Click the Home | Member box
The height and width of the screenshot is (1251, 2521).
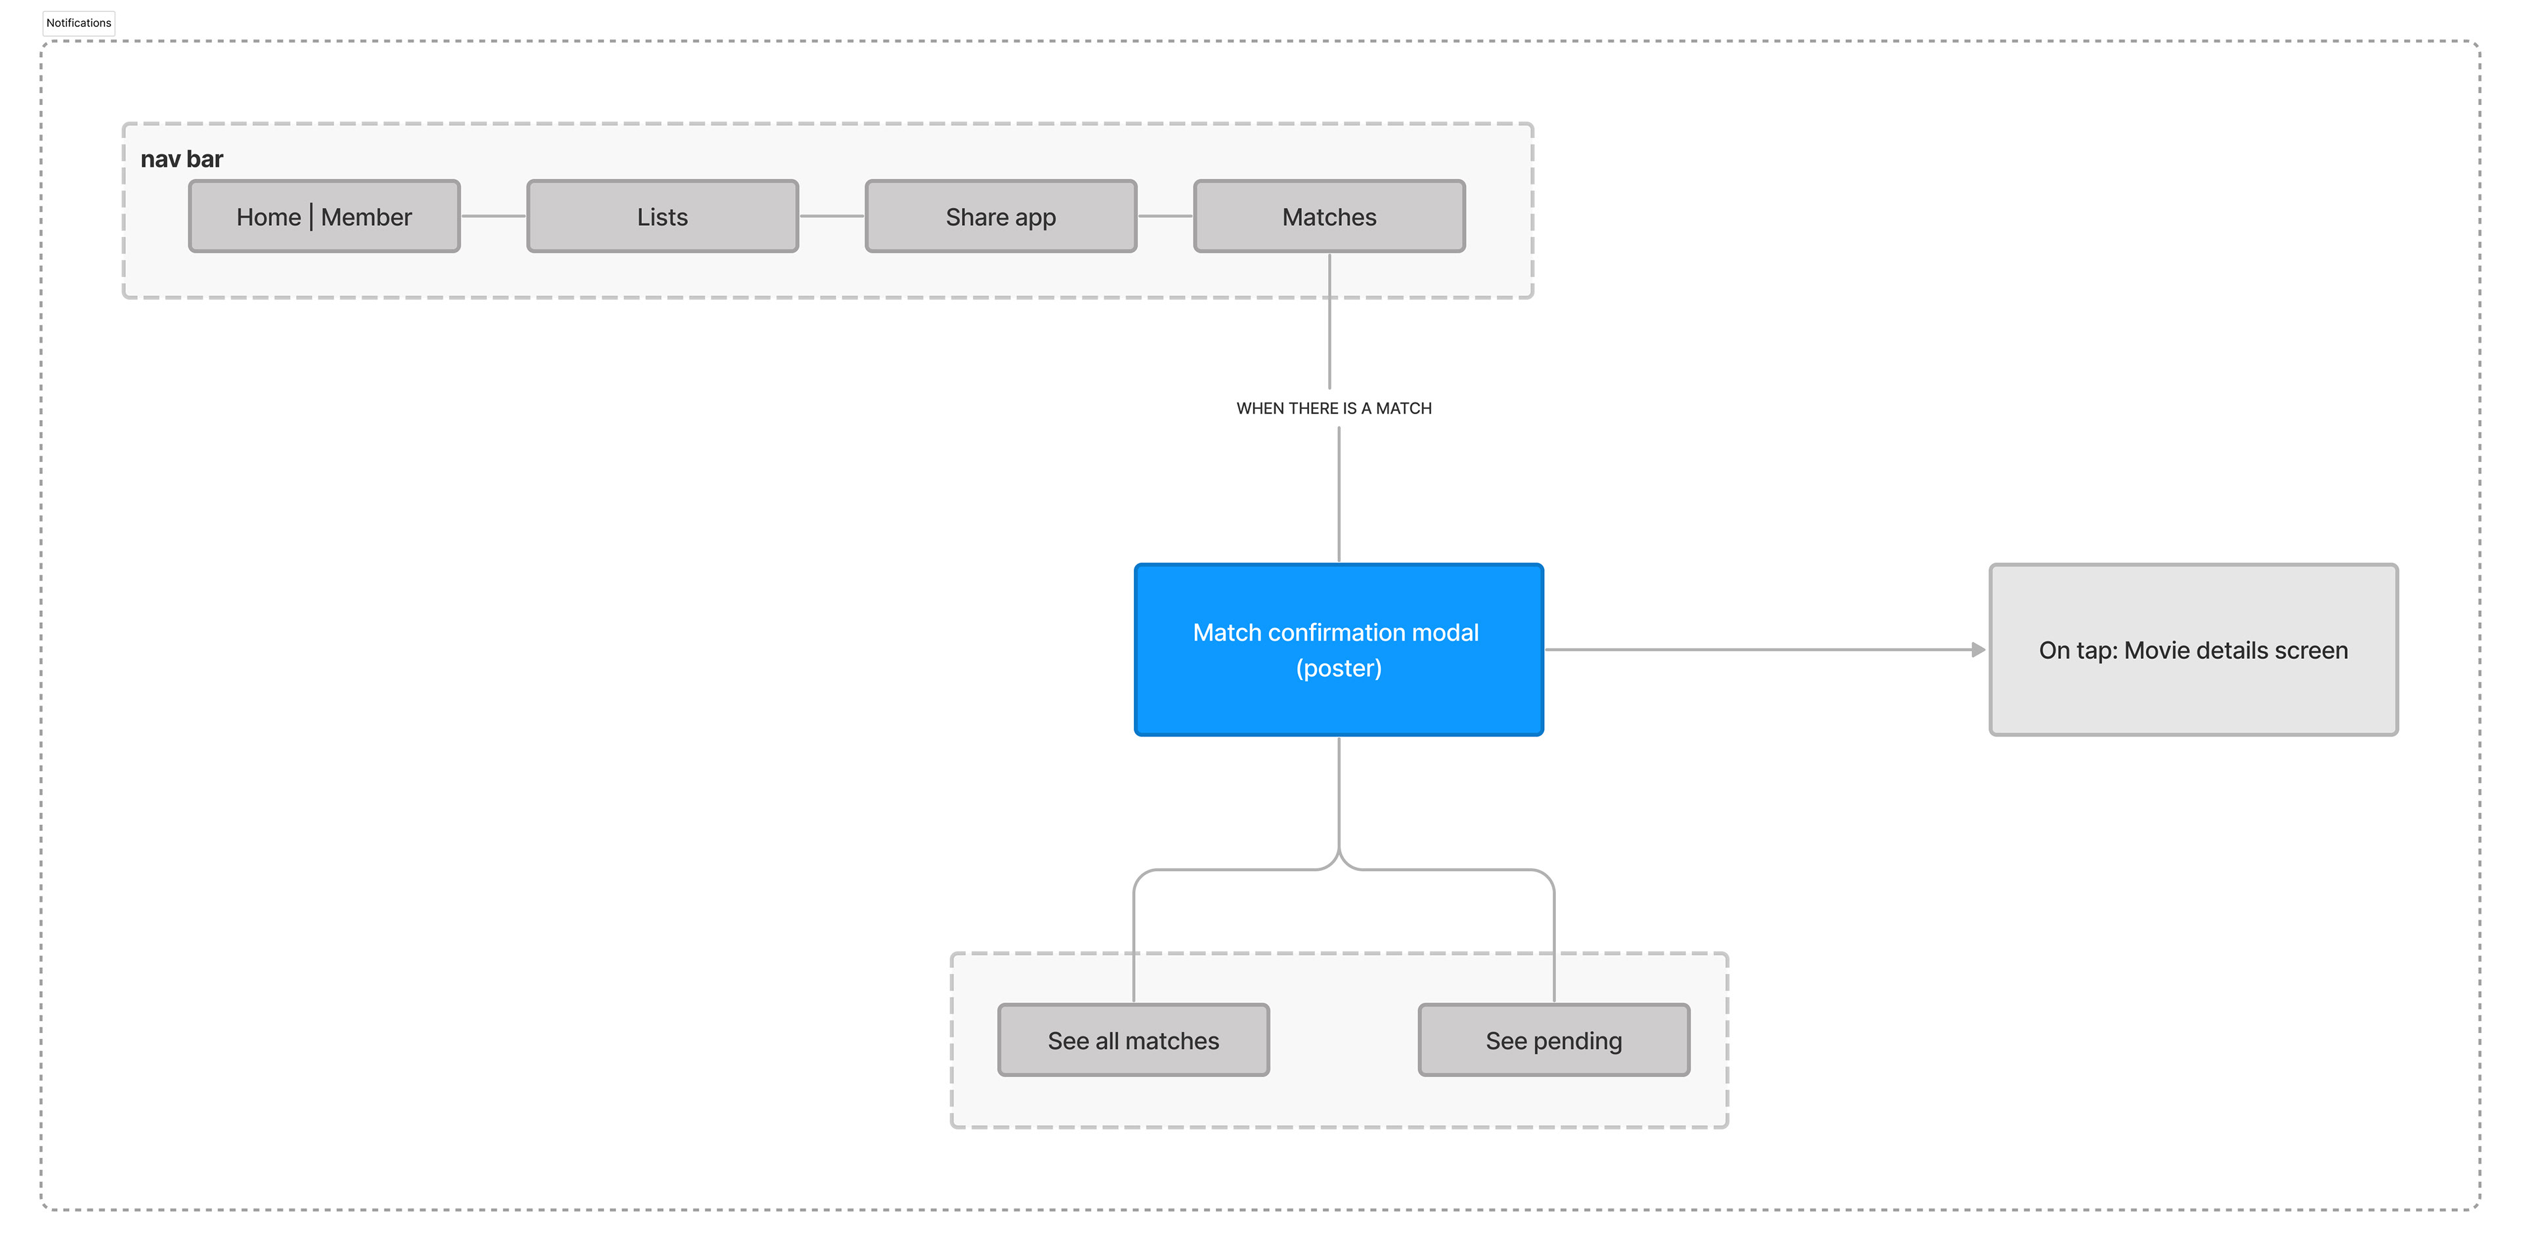(x=324, y=216)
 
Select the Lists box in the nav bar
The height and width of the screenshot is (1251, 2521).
(x=662, y=216)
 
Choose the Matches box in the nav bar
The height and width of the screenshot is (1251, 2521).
(x=1329, y=216)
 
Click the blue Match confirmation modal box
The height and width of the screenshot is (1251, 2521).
(x=1339, y=650)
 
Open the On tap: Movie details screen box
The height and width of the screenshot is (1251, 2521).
(x=2193, y=650)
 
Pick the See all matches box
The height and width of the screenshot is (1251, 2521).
(x=1133, y=1040)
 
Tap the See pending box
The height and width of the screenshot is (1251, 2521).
(x=1554, y=1040)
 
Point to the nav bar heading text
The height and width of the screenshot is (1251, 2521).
(x=182, y=158)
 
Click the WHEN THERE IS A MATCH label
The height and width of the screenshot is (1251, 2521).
(x=1334, y=408)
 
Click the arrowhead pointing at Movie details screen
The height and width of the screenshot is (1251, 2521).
(x=1979, y=650)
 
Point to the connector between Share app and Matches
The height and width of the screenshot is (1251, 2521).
(x=1165, y=216)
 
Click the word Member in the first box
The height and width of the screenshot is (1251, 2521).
(x=366, y=217)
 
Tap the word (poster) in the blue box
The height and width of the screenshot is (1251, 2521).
(x=1339, y=668)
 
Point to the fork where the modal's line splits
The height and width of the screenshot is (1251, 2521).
(x=1339, y=859)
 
